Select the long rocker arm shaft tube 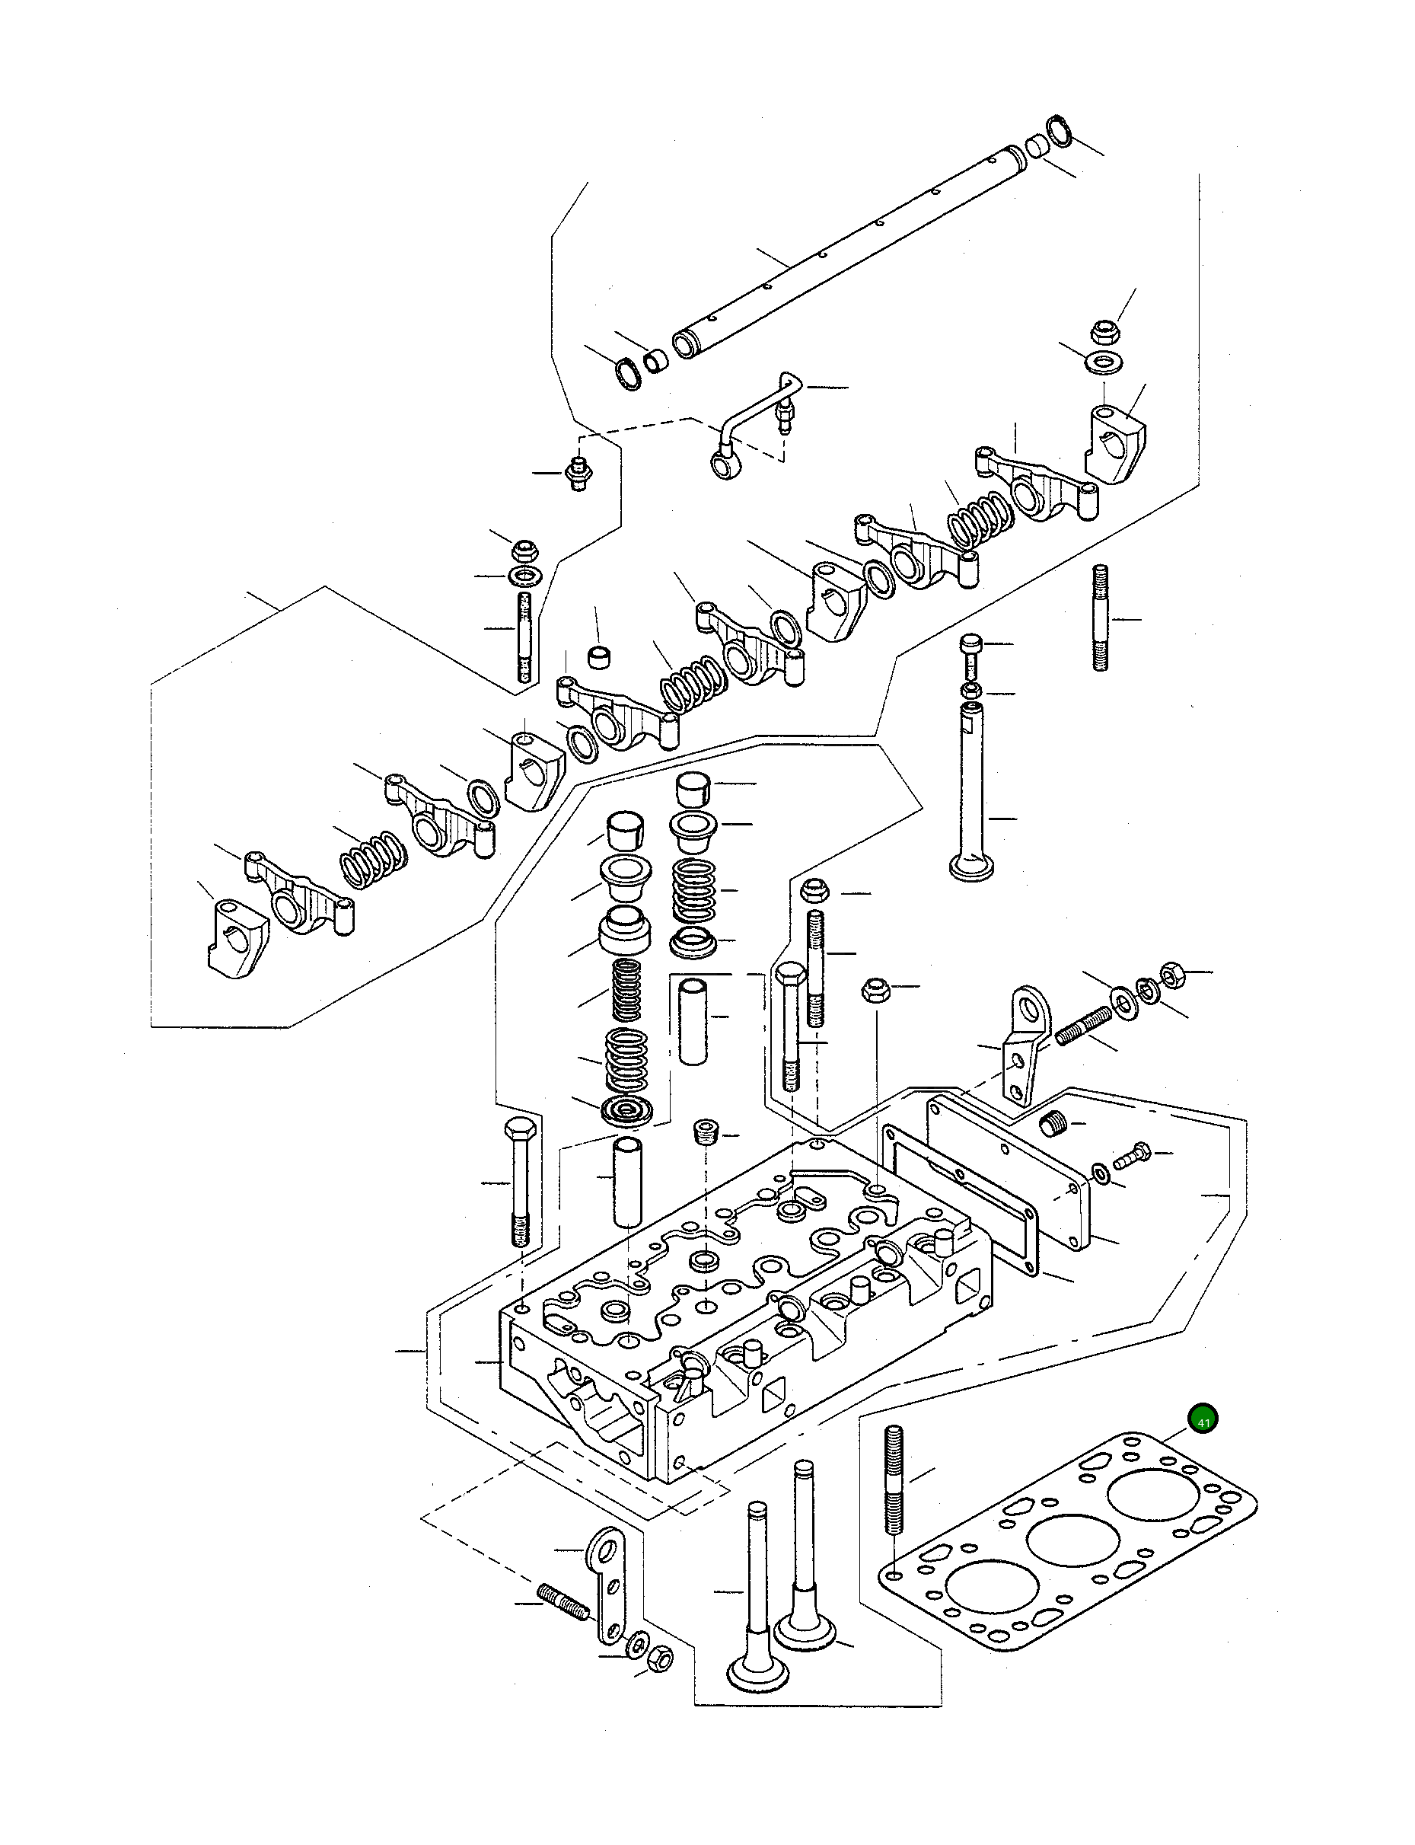[x=851, y=245]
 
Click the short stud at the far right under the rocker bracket [x=1101, y=618]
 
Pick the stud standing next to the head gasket [x=894, y=1479]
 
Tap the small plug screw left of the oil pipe [x=577, y=474]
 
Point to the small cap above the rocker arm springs [x=599, y=656]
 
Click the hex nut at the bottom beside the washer [x=662, y=1658]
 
